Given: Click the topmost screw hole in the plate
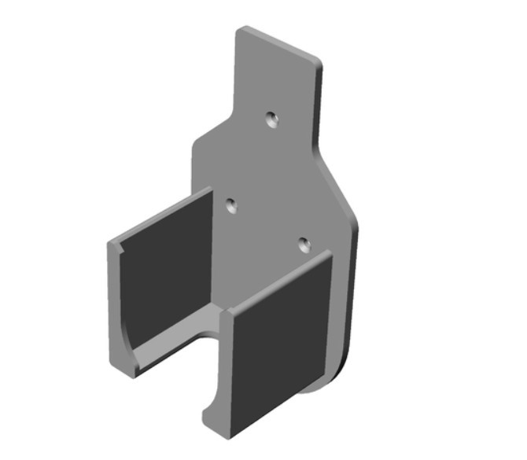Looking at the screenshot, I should coord(272,120).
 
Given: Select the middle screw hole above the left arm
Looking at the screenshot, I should coord(231,205).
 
